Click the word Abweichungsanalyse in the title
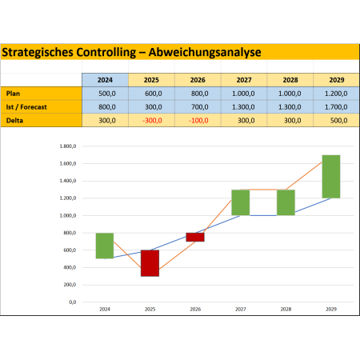205,53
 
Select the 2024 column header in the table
105,80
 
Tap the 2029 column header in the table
337,80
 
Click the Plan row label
13,94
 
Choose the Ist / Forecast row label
26,107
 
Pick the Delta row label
14,121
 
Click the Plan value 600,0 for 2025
154,94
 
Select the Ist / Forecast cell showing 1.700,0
336,107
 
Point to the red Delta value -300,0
152,121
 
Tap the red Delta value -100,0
198,121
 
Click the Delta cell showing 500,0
338,121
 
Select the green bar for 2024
105,246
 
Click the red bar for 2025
150,263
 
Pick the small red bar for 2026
195,237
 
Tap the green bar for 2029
331,177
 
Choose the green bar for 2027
241,202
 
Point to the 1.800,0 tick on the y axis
68,146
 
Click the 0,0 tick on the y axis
73,302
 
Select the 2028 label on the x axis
286,310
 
